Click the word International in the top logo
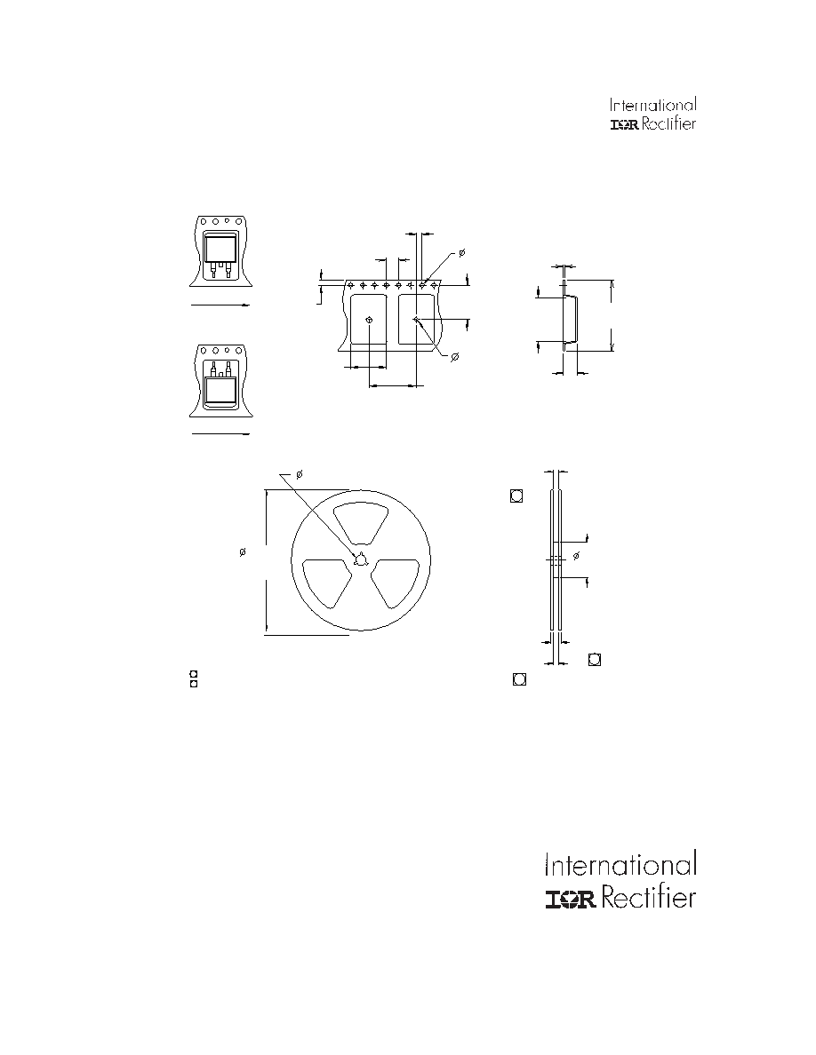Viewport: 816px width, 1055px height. click(653, 105)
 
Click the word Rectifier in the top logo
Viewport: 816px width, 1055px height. click(668, 123)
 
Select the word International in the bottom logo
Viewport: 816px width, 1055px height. click(620, 865)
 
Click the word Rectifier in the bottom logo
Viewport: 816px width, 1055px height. click(648, 898)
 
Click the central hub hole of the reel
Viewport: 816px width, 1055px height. click(361, 559)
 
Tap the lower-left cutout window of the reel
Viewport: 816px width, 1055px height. click(327, 582)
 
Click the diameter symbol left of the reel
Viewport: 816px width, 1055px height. click(243, 552)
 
